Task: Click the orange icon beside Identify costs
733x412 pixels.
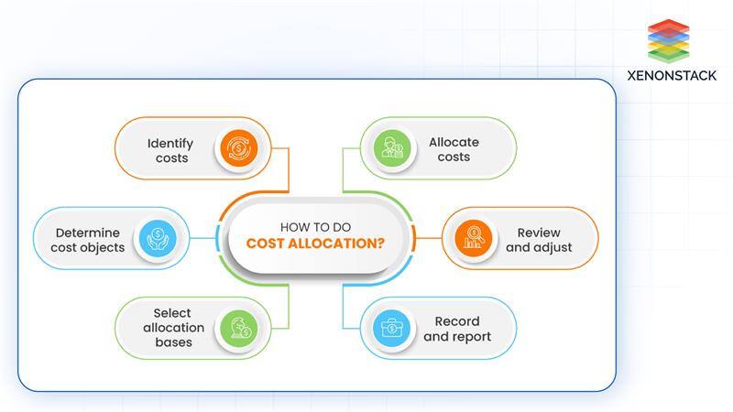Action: (x=236, y=148)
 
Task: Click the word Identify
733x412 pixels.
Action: (x=170, y=143)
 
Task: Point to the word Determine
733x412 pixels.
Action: (x=87, y=233)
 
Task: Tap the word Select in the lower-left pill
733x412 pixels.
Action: (x=172, y=313)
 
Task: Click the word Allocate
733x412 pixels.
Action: (x=454, y=142)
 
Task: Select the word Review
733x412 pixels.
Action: (x=539, y=233)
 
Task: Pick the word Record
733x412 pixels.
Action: (x=457, y=321)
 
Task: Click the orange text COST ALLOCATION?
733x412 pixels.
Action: (x=314, y=244)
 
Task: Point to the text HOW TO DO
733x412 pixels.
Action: (x=314, y=225)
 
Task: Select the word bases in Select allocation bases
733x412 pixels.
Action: (x=173, y=342)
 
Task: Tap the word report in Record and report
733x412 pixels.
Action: (x=470, y=336)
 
